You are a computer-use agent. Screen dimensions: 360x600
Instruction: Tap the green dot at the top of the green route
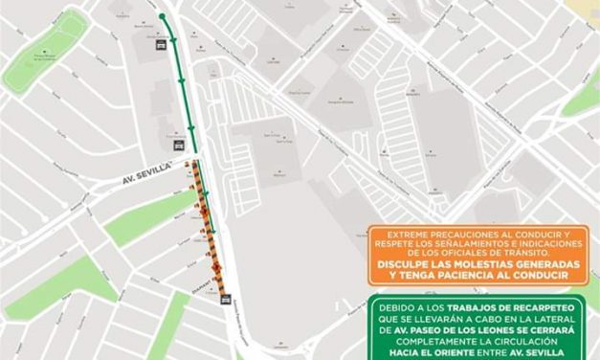click(x=163, y=16)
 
